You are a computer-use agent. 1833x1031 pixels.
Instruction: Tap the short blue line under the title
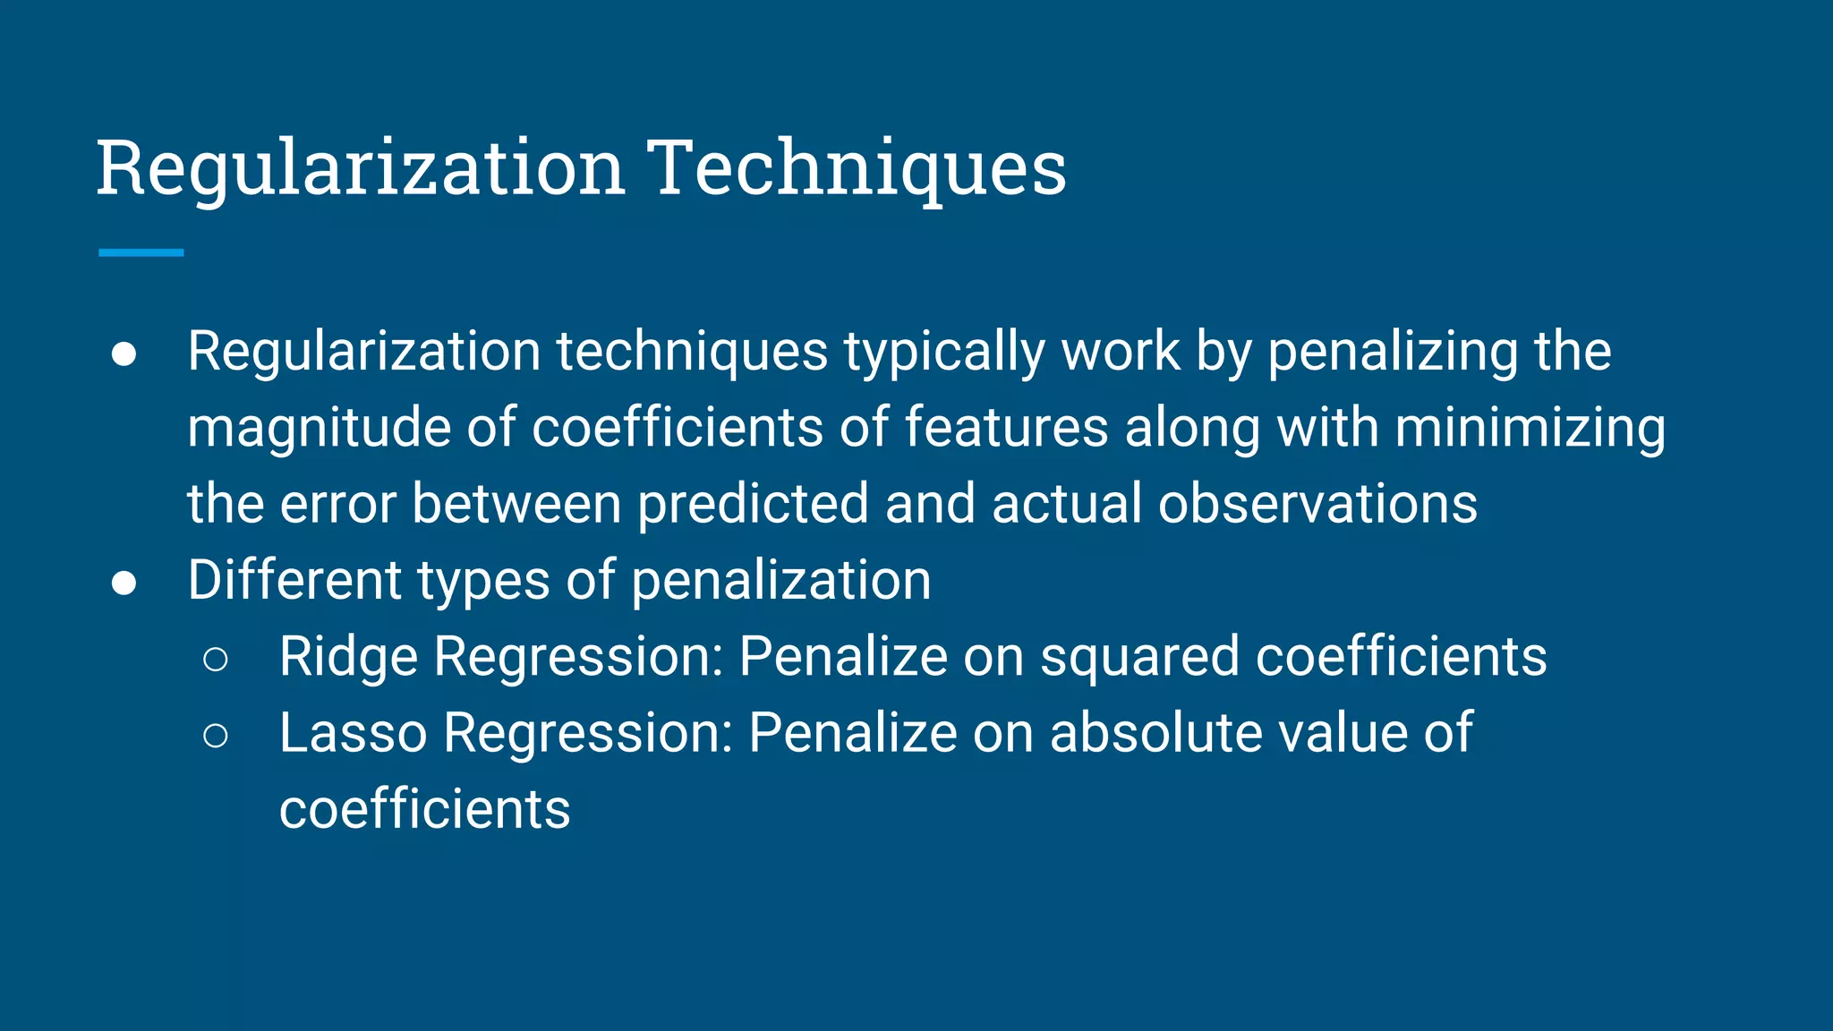tap(141, 253)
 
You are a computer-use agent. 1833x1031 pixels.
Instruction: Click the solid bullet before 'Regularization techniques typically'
tap(124, 354)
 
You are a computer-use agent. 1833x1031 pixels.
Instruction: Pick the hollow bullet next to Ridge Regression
tap(216, 660)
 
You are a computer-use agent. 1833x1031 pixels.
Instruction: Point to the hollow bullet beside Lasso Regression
tap(216, 736)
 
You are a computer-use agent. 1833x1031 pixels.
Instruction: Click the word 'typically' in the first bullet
tap(944, 352)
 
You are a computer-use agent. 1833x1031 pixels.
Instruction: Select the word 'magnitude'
tap(319, 428)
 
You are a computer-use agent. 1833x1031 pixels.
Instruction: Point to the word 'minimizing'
tap(1530, 428)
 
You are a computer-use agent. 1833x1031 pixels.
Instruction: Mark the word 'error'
tap(337, 504)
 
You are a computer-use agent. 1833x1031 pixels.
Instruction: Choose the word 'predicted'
tap(753, 504)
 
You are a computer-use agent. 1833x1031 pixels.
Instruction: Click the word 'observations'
tap(1317, 504)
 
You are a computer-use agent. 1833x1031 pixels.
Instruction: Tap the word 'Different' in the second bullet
tap(294, 580)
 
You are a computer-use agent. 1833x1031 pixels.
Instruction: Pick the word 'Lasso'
tap(353, 733)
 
